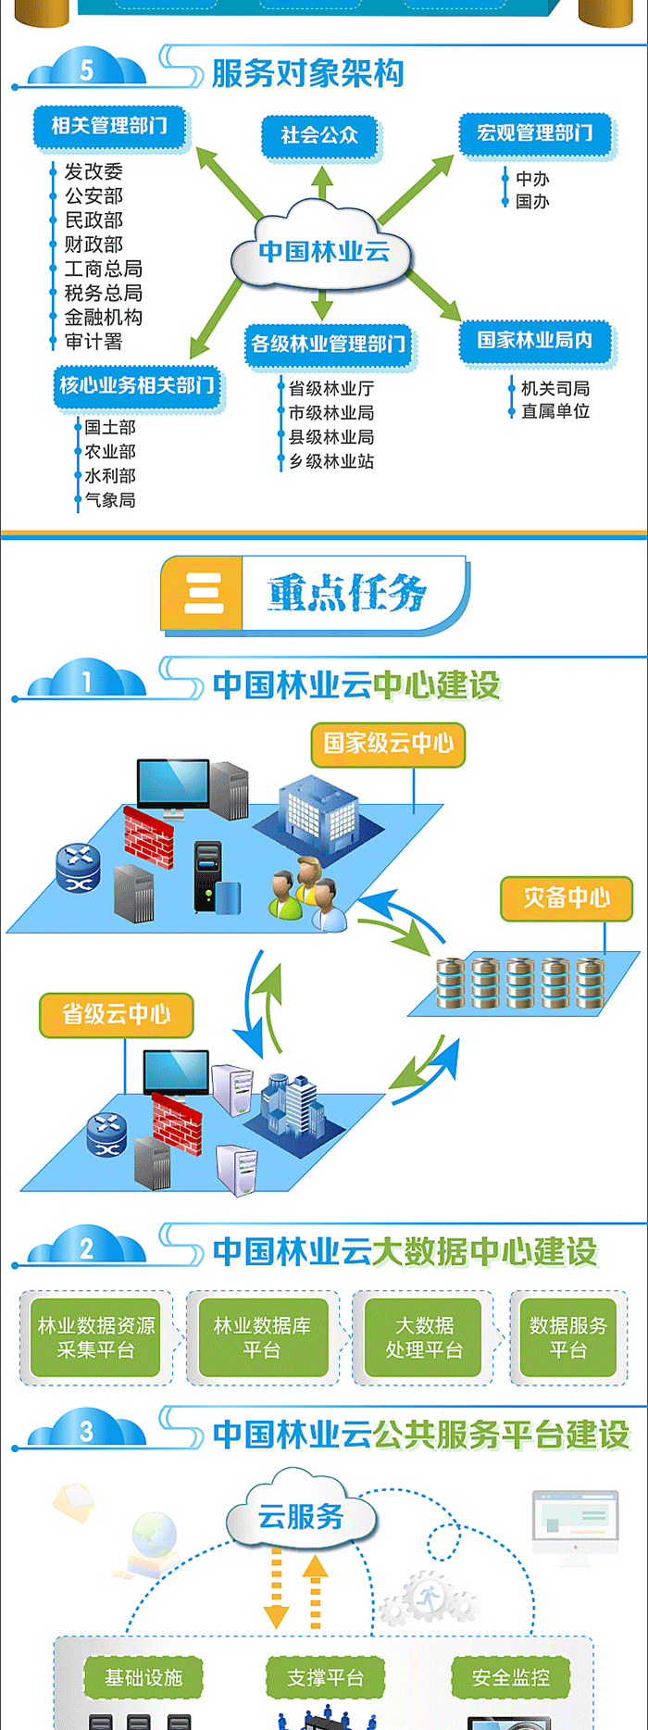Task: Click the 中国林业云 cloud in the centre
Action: coord(323,250)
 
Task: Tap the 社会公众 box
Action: coord(320,135)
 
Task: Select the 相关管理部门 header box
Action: coord(110,126)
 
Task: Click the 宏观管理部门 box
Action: coord(535,133)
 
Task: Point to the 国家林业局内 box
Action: coord(535,341)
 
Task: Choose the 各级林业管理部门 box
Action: coord(329,345)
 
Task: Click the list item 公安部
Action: coord(93,195)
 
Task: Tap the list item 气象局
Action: coord(110,500)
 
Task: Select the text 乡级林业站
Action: coord(331,461)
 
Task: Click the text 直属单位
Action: coord(555,411)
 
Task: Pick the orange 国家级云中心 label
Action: coord(389,744)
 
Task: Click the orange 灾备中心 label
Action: coord(567,897)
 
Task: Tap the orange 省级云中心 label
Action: coord(117,1014)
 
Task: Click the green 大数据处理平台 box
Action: coord(425,1337)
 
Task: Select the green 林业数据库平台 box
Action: coord(262,1337)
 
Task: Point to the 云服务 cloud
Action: coord(301,1516)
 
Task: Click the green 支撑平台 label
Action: coord(325,1677)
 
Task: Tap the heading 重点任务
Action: coord(347,593)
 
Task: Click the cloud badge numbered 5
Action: coord(87,69)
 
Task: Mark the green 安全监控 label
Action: coord(511,1677)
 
